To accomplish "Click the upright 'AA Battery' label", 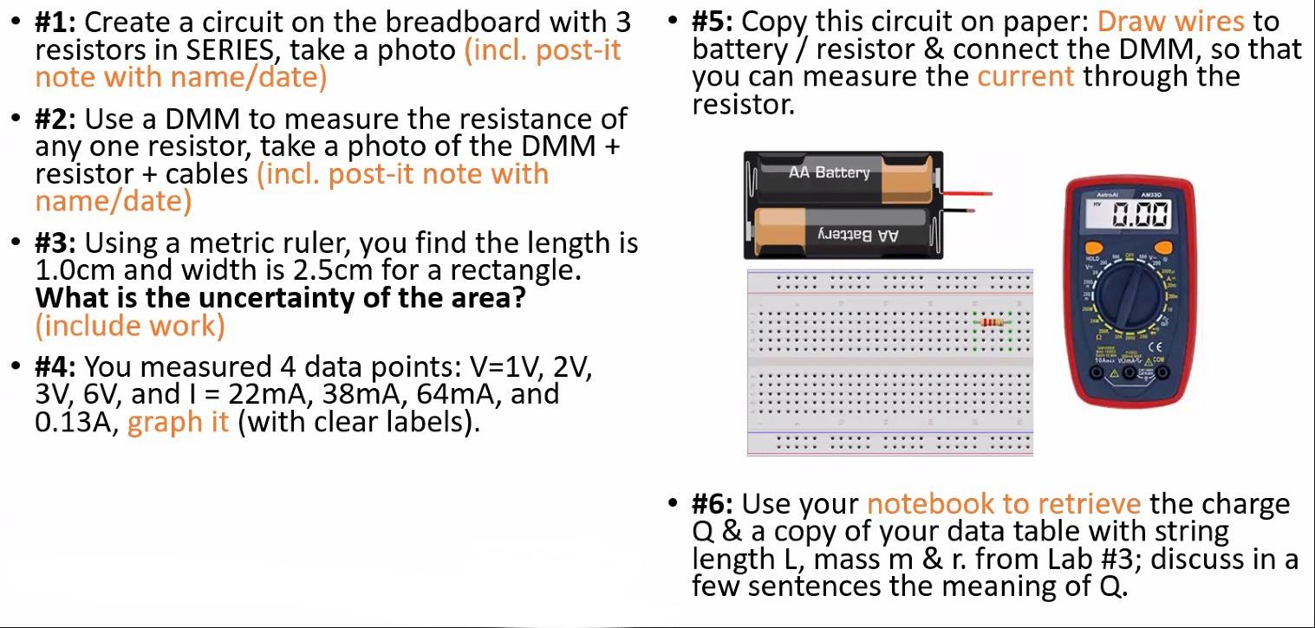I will click(x=829, y=172).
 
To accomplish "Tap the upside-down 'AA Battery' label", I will click(x=857, y=236).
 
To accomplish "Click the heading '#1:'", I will click(x=56, y=22).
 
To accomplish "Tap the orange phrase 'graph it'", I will click(x=178, y=423).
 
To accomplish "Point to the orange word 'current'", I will click(x=1025, y=76).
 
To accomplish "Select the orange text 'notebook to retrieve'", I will click(x=1004, y=504).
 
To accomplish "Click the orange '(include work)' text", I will click(x=130, y=326).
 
